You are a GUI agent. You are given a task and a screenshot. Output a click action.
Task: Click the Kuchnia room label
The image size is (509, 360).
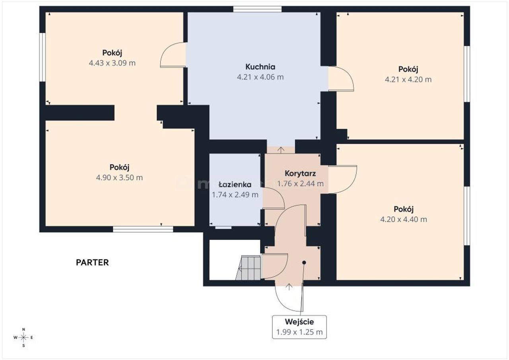(260, 67)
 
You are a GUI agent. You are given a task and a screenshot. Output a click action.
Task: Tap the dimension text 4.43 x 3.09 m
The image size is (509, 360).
(112, 63)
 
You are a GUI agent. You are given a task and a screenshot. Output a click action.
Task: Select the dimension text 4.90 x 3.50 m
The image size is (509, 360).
(120, 177)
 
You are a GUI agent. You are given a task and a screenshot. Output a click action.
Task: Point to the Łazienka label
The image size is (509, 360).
(235, 184)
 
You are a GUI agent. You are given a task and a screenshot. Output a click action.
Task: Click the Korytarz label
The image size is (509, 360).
(300, 173)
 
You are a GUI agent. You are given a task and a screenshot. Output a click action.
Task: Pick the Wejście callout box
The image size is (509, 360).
(299, 327)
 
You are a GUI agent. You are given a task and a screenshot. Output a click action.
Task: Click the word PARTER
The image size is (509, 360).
(92, 263)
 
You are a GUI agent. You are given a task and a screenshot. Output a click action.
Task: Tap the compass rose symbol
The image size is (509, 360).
(23, 337)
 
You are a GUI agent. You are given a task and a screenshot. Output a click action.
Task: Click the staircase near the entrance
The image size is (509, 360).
(248, 268)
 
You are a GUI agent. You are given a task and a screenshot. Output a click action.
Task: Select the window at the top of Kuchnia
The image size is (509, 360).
(257, 9)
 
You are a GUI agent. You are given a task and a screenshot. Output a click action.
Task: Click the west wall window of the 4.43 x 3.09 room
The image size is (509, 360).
(43, 57)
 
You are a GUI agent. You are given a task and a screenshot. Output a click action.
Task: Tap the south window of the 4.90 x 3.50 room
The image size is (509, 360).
(143, 229)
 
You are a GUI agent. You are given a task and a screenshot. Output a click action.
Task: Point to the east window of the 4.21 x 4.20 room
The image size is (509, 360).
(467, 74)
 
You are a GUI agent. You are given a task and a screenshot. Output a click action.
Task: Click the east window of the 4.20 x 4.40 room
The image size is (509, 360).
(467, 216)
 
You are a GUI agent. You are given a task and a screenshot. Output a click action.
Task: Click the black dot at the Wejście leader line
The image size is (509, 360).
(304, 263)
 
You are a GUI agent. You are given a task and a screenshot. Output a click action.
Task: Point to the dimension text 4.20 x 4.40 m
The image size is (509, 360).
(404, 219)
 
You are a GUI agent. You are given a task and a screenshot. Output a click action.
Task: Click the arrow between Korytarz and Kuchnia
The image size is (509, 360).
(281, 150)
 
